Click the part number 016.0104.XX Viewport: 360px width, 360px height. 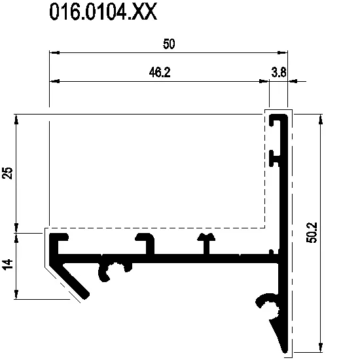pyautogui.click(x=103, y=12)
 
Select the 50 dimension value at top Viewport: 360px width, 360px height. pyautogui.click(x=169, y=44)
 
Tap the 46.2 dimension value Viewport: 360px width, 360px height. pyautogui.click(x=160, y=72)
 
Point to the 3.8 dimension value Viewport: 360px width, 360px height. pyautogui.click(x=279, y=72)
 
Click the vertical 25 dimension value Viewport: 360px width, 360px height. pyautogui.click(x=7, y=173)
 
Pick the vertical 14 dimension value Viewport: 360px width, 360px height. pyautogui.click(x=7, y=264)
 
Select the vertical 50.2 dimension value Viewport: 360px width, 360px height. pyautogui.click(x=312, y=232)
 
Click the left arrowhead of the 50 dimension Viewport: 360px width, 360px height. pyautogui.click(x=54, y=52)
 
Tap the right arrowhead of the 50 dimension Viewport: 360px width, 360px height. pyautogui.click(x=282, y=52)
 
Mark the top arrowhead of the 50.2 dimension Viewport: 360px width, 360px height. pyautogui.click(x=321, y=119)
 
